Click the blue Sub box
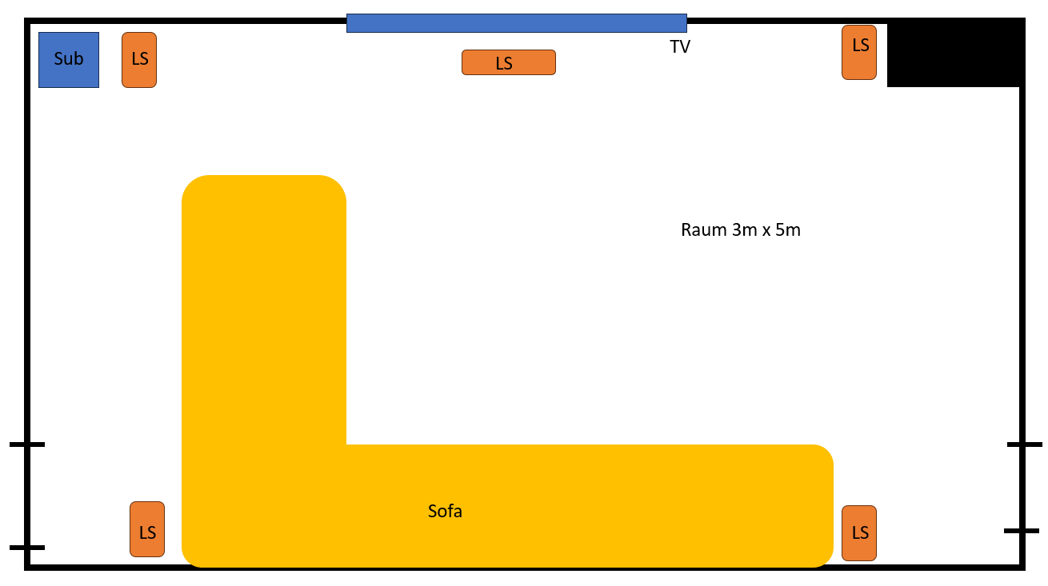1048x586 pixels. coord(69,59)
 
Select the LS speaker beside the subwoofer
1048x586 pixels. coord(139,59)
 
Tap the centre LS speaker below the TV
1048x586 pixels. coord(508,62)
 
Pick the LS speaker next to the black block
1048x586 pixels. coord(859,52)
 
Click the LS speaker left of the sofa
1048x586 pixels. coord(147,529)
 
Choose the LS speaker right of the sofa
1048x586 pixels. coord(859,532)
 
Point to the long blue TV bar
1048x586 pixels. coord(516,23)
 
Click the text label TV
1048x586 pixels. coord(680,47)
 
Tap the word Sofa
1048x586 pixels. coord(445,511)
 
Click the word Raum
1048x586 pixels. coord(703,230)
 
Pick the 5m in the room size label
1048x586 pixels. coord(788,230)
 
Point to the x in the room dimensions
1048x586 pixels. coord(764,231)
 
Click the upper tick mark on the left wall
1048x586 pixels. coord(27,444)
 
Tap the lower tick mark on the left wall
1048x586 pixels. coord(27,548)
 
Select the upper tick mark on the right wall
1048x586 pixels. coord(1024,444)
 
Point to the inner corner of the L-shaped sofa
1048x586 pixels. coord(346,444)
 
